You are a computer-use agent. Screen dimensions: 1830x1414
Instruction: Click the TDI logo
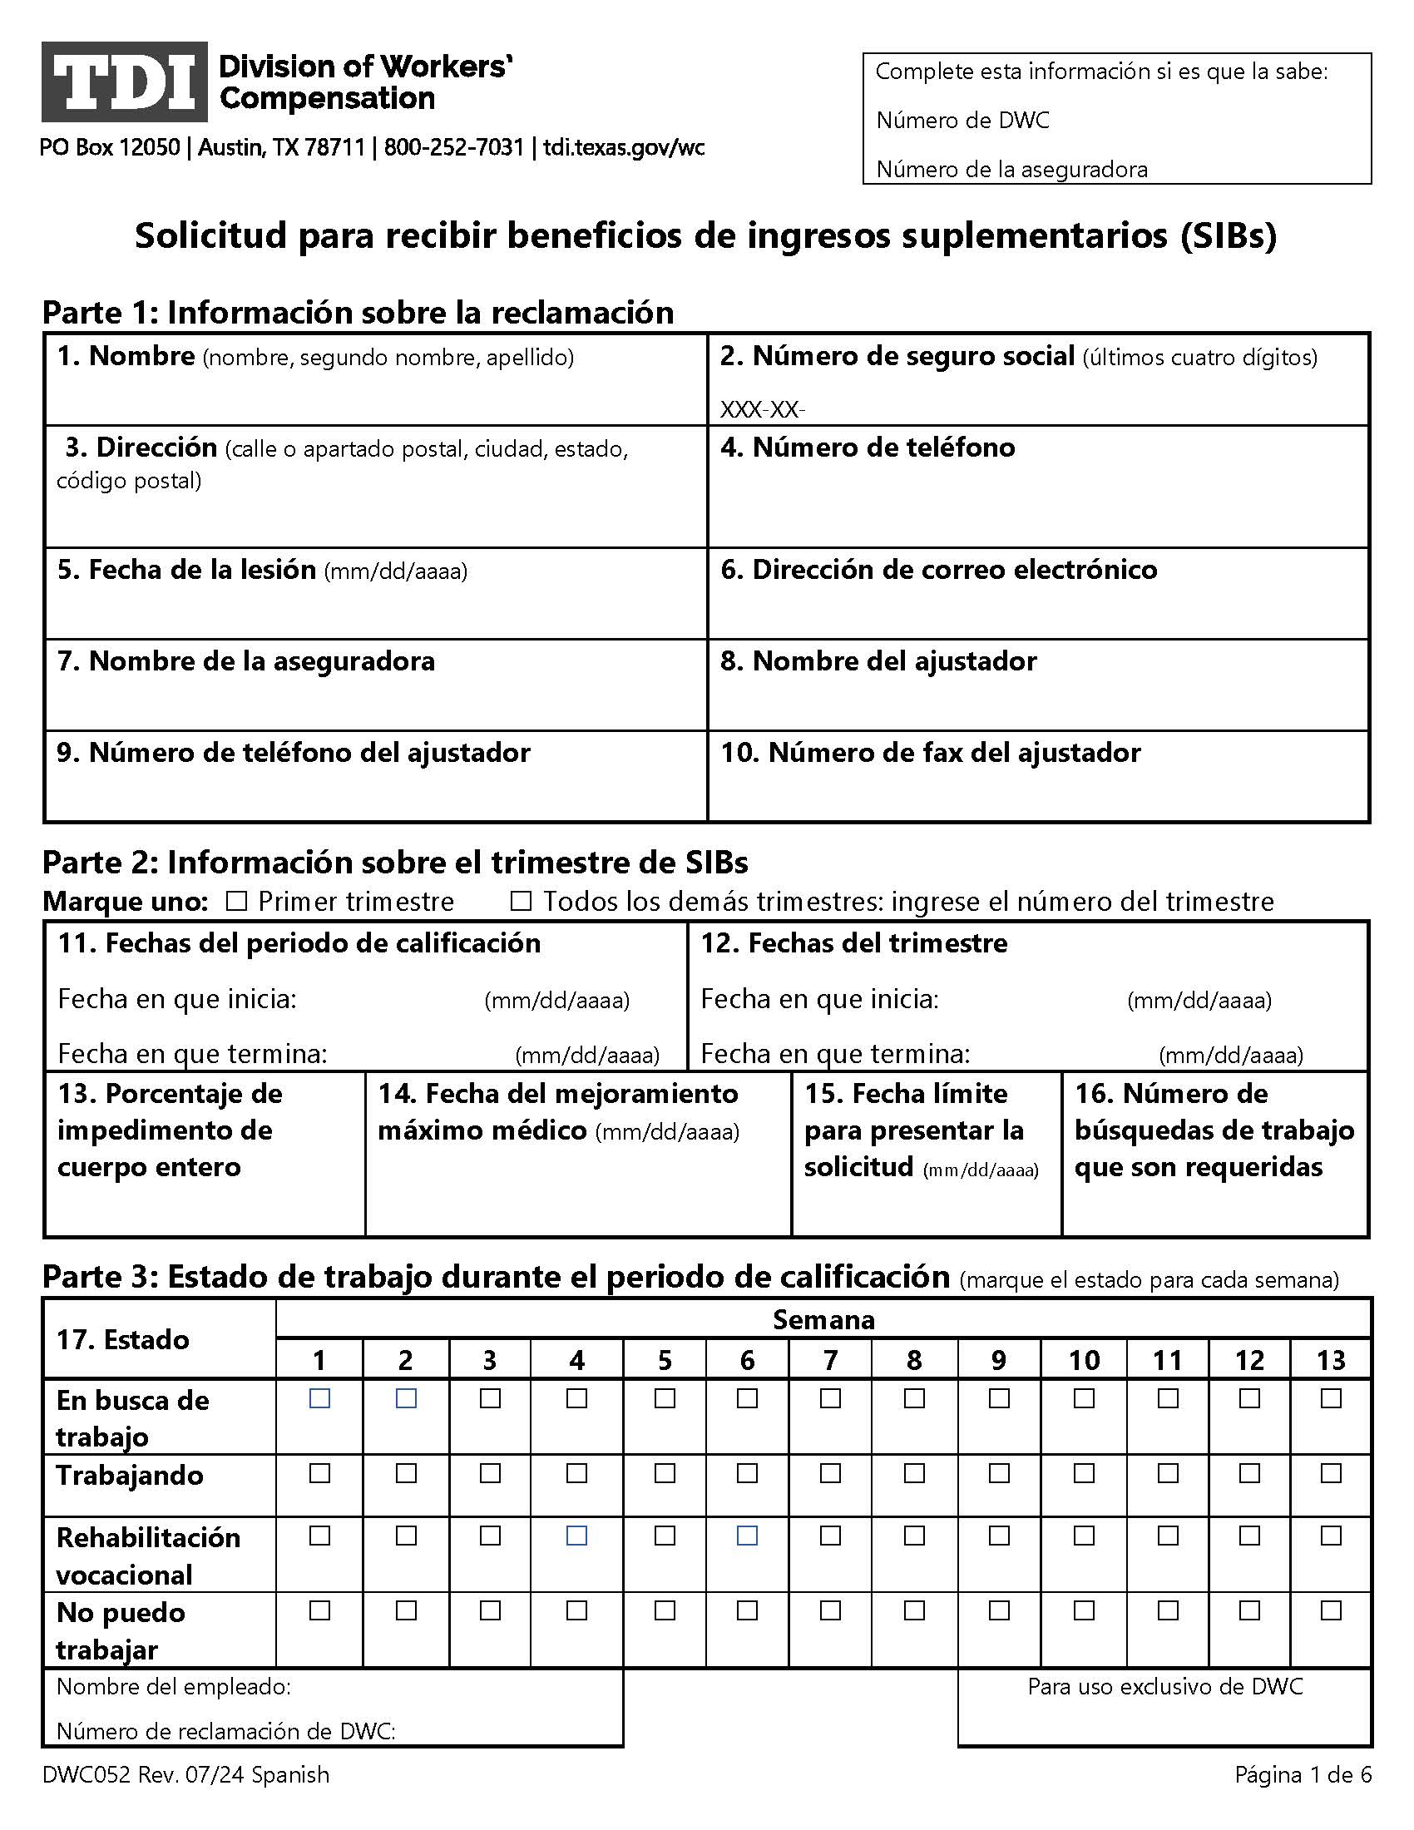[124, 82]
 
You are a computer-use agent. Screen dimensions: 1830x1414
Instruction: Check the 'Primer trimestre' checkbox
[237, 902]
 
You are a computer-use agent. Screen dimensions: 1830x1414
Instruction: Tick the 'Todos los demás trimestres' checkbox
[521, 902]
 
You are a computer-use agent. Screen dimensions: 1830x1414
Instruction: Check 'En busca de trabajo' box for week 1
[319, 1398]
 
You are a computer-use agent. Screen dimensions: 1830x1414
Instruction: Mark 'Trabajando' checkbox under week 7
[830, 1473]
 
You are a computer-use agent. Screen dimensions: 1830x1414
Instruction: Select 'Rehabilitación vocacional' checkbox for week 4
[576, 1536]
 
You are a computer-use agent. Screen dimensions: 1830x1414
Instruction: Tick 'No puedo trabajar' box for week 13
[1330, 1610]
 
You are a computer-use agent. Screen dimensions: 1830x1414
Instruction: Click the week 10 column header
[1083, 1360]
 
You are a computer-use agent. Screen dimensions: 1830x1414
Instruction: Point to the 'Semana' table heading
[823, 1320]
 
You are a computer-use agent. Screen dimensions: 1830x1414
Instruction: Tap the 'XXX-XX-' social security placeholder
[761, 410]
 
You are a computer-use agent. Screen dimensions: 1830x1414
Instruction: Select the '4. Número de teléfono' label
[868, 448]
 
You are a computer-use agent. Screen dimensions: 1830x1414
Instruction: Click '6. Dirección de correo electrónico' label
[938, 570]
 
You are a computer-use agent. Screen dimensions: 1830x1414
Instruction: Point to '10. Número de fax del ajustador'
[930, 753]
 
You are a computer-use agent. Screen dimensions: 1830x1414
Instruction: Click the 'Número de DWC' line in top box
[962, 121]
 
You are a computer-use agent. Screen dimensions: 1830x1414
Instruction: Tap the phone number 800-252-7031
[453, 148]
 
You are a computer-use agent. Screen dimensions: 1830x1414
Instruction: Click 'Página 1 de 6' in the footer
[1303, 1775]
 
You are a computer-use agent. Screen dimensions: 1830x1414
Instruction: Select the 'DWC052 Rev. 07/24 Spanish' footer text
[186, 1775]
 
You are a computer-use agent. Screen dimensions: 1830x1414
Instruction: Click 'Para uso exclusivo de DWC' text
[1164, 1687]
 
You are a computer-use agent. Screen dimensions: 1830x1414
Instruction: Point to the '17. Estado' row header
[122, 1339]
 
